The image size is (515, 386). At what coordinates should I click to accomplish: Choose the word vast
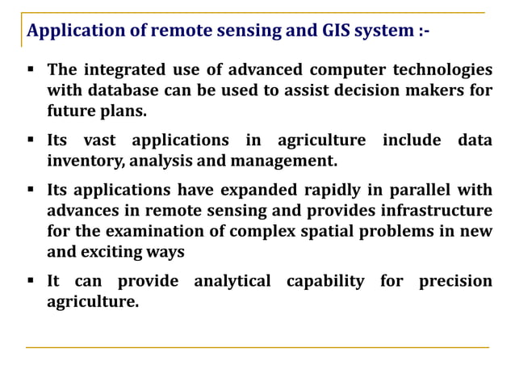click(96, 141)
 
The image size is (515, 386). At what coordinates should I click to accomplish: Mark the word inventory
click(84, 161)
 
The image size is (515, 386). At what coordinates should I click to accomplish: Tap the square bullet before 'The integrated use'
click(30, 69)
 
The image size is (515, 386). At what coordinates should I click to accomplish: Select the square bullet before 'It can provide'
click(30, 280)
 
